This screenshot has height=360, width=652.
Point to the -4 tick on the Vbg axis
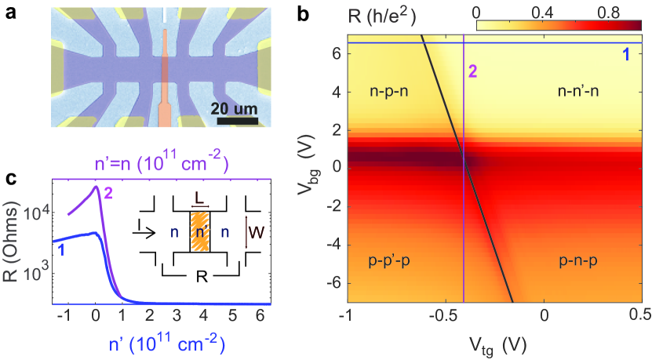[330, 243]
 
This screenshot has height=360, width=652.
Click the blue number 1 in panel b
[625, 55]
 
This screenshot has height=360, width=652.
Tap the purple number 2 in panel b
[473, 71]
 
